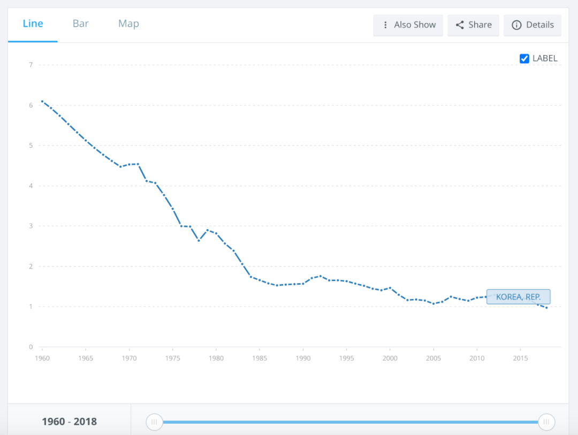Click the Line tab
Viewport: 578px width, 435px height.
point(33,24)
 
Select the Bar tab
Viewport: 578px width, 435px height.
point(81,24)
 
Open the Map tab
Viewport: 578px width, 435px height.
point(128,24)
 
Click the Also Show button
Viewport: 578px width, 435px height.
point(408,25)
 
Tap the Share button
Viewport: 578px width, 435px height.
point(473,25)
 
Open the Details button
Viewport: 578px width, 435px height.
point(533,25)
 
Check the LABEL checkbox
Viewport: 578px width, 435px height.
point(524,59)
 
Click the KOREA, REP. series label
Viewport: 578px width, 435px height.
point(518,296)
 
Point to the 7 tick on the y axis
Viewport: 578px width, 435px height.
point(31,65)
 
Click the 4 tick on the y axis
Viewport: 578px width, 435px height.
point(31,186)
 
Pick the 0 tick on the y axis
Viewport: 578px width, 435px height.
point(31,347)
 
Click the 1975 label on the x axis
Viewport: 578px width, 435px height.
point(172,358)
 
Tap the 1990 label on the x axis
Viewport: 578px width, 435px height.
point(303,358)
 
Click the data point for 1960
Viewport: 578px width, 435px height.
point(42,101)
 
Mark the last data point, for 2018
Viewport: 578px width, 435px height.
point(546,308)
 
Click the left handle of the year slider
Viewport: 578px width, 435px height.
point(154,422)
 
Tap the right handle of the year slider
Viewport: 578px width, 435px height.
point(546,422)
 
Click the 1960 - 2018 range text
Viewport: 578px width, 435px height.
point(70,422)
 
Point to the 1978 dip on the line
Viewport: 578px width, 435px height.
point(199,241)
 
